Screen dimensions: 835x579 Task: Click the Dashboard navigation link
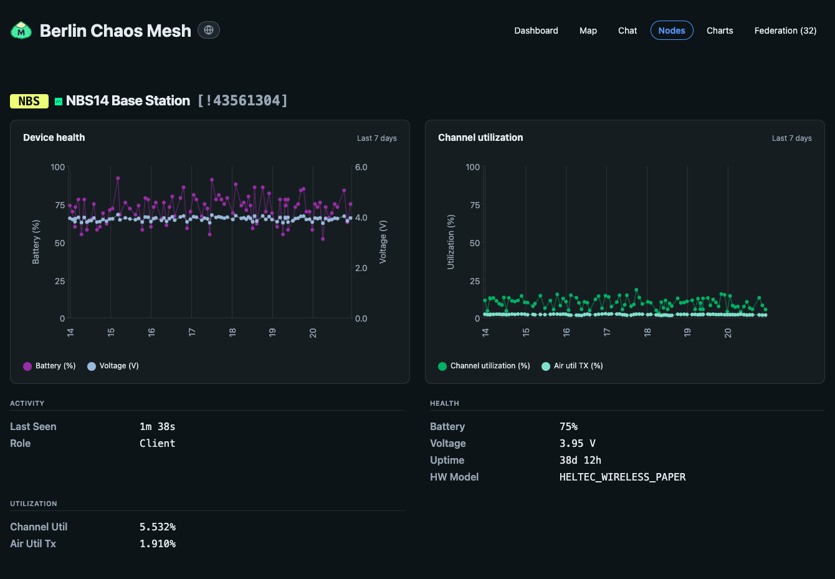(x=536, y=31)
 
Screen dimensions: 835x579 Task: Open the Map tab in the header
(x=588, y=31)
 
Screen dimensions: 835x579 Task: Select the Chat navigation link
(x=627, y=31)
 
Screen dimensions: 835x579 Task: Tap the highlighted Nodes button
(x=672, y=30)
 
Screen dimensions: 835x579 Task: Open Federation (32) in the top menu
(x=785, y=31)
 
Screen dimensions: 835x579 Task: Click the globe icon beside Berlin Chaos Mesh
(x=209, y=30)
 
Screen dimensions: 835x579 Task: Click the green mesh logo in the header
(x=21, y=31)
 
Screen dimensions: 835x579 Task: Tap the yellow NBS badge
(x=29, y=101)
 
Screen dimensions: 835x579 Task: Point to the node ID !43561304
(x=242, y=101)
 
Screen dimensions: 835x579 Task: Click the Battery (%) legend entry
(x=49, y=366)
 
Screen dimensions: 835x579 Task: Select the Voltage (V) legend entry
(x=113, y=366)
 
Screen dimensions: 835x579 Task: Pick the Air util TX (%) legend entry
(x=572, y=366)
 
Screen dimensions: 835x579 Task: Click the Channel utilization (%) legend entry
(x=484, y=366)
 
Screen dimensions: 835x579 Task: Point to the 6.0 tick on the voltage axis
(x=361, y=167)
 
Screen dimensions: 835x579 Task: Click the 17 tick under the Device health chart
(x=191, y=332)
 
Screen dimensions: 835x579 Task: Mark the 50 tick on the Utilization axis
(x=475, y=243)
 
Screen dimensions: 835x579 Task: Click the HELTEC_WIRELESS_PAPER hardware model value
(x=623, y=477)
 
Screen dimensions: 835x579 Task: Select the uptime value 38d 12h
(x=580, y=461)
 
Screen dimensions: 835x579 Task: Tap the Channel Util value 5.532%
(x=158, y=527)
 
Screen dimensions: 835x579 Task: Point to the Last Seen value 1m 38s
(x=157, y=427)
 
